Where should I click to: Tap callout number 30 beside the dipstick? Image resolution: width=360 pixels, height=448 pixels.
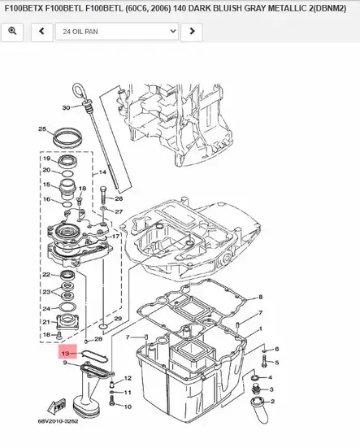click(x=66, y=107)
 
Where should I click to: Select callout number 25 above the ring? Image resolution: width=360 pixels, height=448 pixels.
click(x=41, y=129)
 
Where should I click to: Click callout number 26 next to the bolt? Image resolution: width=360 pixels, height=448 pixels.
click(x=119, y=198)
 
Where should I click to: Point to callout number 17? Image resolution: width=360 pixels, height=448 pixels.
click(x=116, y=237)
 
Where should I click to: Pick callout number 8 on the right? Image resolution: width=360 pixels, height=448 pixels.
click(x=260, y=298)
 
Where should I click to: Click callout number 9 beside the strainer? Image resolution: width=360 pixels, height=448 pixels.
click(x=65, y=363)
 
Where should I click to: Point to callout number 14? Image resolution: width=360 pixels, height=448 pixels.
click(x=102, y=173)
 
